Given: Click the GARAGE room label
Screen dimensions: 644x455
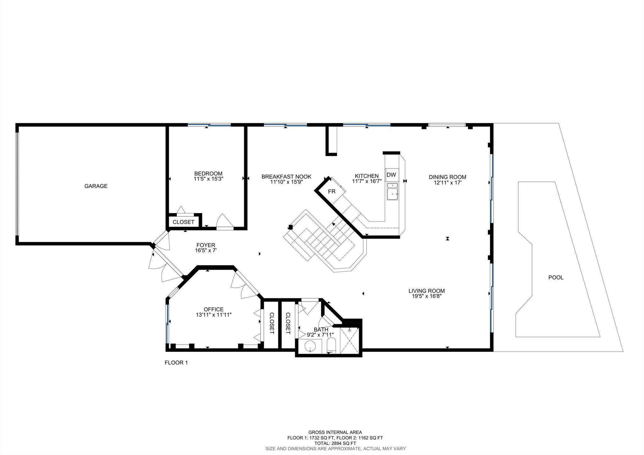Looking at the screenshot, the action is [x=96, y=186].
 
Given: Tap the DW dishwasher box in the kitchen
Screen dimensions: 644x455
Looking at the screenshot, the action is [x=391, y=175].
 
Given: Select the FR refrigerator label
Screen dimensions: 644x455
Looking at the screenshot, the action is [x=332, y=191].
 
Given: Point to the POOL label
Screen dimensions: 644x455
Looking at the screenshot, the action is [x=556, y=277].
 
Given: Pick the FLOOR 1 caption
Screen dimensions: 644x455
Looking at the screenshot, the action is [x=176, y=363].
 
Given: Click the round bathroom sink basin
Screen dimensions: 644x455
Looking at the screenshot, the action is [x=310, y=346].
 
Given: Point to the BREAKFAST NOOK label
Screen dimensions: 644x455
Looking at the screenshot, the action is [x=286, y=177].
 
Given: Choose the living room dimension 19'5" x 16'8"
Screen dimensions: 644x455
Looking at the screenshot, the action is [x=427, y=296].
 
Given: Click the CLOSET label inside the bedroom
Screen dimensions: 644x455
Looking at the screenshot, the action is [x=184, y=222].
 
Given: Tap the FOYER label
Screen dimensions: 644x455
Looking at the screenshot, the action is [x=206, y=245].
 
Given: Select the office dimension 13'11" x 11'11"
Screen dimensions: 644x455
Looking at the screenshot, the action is [x=214, y=314].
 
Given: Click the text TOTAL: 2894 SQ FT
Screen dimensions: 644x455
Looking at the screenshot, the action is [x=335, y=443].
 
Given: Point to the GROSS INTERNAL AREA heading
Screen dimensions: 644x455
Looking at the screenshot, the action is [x=335, y=432].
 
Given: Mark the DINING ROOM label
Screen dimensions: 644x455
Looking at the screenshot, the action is [x=447, y=177].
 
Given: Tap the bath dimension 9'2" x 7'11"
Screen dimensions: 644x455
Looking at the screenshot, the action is [x=320, y=335].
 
